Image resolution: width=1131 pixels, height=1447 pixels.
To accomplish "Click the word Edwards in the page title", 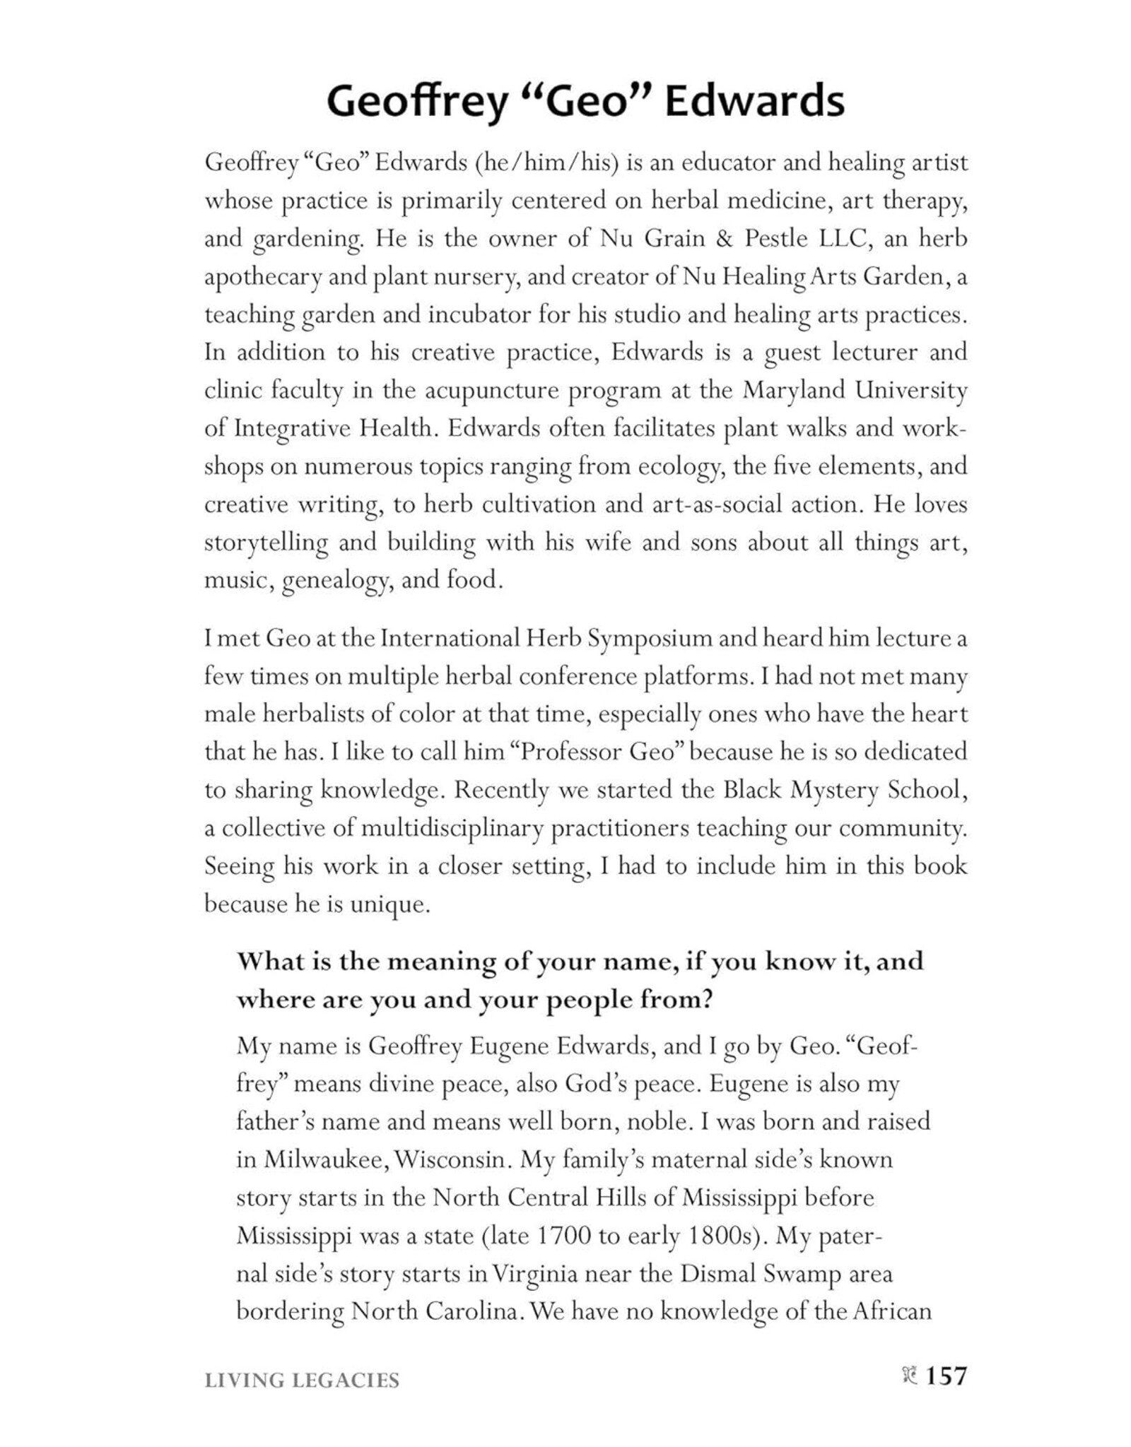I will [x=754, y=102].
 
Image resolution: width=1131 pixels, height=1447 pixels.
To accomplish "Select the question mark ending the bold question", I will [x=704, y=1000].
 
